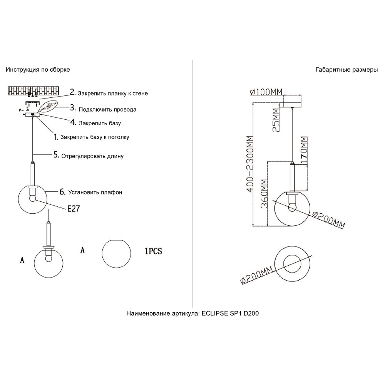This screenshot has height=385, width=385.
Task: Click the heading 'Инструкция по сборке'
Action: [38, 70]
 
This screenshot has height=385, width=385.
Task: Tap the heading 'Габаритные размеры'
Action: [347, 70]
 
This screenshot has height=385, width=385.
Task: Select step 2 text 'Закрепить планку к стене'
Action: [113, 93]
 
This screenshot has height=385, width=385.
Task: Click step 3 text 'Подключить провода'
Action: [107, 109]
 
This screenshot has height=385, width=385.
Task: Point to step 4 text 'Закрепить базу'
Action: [100, 123]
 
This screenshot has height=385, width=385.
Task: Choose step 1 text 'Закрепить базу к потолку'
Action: [95, 137]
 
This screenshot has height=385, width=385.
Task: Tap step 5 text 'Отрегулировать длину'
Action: [92, 156]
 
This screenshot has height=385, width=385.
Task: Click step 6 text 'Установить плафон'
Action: [95, 192]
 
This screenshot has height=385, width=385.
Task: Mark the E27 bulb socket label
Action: [74, 209]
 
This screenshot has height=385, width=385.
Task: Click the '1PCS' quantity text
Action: [154, 251]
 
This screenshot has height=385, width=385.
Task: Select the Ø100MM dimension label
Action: [266, 92]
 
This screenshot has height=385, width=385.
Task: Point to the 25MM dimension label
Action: [276, 120]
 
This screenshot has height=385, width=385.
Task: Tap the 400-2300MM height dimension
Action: [249, 164]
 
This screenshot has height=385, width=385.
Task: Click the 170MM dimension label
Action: [304, 149]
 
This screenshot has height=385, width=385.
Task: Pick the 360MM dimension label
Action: [264, 194]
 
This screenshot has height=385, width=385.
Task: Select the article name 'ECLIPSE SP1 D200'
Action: [230, 313]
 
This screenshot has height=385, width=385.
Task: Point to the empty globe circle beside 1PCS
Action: [116, 253]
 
